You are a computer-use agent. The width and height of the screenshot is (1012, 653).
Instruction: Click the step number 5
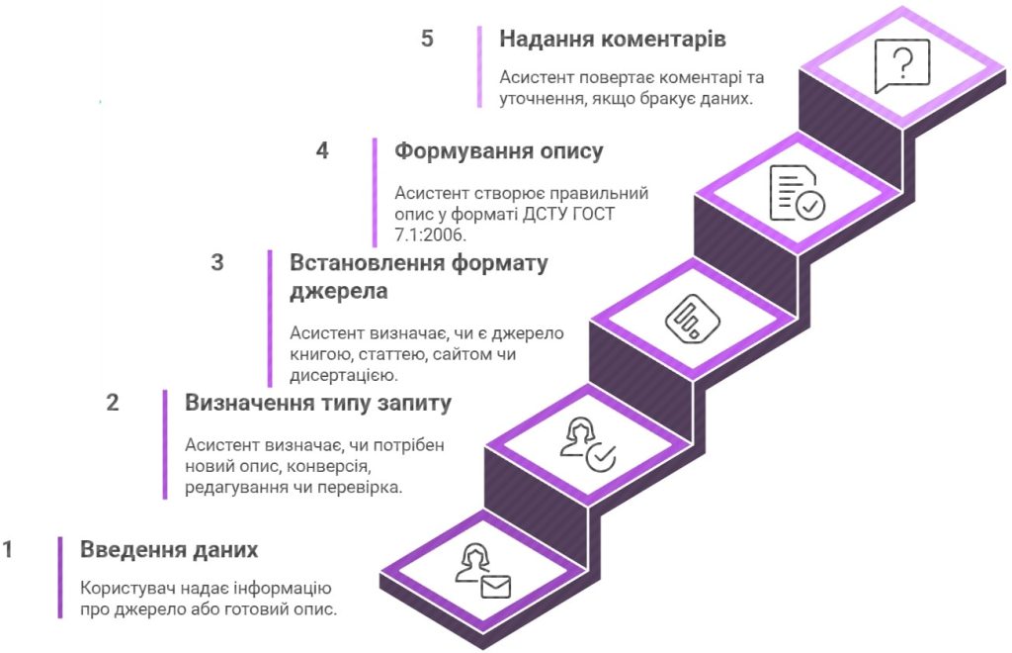tap(427, 39)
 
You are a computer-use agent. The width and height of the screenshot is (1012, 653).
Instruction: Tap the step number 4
tap(322, 150)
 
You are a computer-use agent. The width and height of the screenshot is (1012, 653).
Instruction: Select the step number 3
tap(217, 262)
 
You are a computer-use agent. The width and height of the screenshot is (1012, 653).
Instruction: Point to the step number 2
tap(113, 403)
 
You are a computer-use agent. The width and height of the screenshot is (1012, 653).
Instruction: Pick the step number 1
tap(8, 549)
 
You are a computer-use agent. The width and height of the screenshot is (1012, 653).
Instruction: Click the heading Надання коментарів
tap(613, 39)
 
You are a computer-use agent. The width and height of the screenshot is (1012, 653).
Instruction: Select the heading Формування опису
tap(499, 151)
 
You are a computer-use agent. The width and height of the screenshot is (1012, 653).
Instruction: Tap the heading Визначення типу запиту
tap(318, 403)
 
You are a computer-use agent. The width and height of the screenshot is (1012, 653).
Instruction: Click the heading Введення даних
tap(169, 550)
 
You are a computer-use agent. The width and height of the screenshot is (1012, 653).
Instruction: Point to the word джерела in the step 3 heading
tap(338, 291)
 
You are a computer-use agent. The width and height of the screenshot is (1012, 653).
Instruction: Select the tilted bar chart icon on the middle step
tap(693, 318)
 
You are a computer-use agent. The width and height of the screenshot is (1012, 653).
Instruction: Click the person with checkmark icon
tap(587, 444)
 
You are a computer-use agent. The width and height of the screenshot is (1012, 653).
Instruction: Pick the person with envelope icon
tap(482, 571)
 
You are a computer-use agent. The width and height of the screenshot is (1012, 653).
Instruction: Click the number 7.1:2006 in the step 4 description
tap(430, 234)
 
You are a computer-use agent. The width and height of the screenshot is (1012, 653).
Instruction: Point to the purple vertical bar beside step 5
tap(479, 66)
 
